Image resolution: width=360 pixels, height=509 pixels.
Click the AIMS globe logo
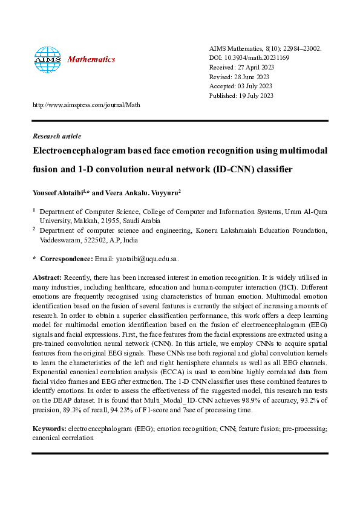(47, 59)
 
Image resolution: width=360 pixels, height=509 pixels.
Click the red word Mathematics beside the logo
(91, 59)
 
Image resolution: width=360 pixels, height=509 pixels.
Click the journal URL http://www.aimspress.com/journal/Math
(86, 105)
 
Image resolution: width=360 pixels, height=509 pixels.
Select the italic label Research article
(56, 136)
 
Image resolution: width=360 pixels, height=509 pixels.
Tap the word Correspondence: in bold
(66, 259)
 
